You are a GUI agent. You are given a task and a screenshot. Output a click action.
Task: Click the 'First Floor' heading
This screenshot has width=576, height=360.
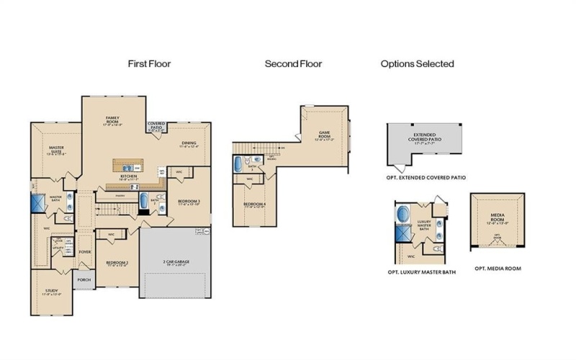coord(149,64)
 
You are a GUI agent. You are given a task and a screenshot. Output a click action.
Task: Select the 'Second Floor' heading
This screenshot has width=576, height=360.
coord(293,64)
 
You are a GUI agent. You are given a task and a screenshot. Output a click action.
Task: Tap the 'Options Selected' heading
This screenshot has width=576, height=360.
coord(417,64)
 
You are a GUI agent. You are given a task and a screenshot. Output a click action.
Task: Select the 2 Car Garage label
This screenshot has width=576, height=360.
coord(176,264)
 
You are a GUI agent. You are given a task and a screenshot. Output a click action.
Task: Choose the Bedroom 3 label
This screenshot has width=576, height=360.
coord(189,201)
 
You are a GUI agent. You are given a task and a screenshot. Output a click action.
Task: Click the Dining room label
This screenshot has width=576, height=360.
coord(189,144)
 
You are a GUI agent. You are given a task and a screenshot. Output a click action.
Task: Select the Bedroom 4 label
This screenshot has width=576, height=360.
coord(253,205)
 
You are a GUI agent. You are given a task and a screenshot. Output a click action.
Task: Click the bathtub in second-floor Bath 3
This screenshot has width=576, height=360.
coord(239,164)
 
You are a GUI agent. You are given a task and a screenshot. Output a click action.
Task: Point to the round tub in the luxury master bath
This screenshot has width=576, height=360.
coord(402,215)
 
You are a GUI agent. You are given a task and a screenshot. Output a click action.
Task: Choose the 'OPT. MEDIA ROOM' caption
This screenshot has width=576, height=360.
coord(498,268)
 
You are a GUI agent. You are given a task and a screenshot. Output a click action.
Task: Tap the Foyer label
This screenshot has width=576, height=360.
coord(85,252)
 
